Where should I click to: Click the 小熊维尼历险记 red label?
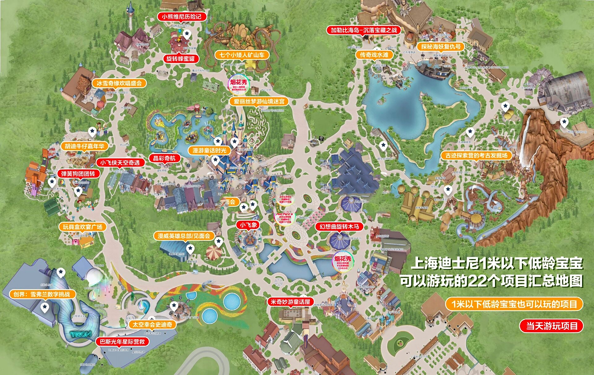click(182, 17)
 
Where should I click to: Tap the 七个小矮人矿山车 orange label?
click(242, 55)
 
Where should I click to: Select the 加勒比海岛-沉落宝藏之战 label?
click(363, 30)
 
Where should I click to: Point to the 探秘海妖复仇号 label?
click(441, 47)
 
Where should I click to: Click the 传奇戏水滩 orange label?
click(374, 55)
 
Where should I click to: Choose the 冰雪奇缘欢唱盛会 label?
click(119, 83)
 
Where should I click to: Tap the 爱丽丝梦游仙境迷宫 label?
click(259, 102)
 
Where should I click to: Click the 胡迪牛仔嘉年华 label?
click(84, 146)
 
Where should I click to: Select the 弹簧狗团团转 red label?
click(78, 174)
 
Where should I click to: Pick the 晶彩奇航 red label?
click(164, 158)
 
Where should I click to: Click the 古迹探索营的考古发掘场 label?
click(476, 156)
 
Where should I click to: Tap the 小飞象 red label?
click(248, 225)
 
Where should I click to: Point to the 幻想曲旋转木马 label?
click(339, 226)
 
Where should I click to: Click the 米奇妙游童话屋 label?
click(290, 302)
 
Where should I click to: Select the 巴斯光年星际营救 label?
click(122, 342)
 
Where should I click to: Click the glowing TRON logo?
click(81, 334)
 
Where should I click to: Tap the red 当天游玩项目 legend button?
click(552, 326)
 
